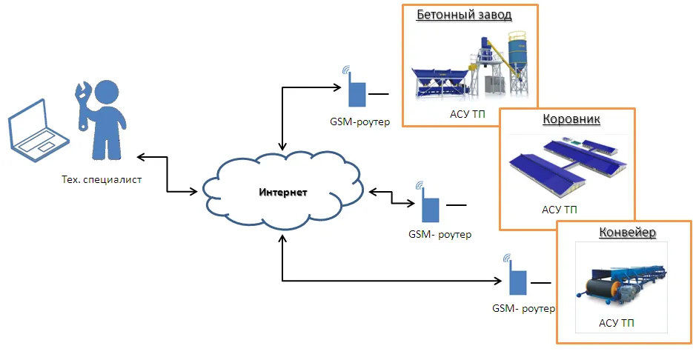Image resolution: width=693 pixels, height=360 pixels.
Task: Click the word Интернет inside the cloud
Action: click(282, 193)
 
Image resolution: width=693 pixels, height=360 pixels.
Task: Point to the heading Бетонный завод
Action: click(464, 15)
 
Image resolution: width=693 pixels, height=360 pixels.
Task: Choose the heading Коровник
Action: click(571, 119)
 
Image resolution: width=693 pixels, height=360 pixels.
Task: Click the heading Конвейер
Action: click(627, 233)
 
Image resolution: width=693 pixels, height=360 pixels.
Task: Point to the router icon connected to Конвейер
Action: click(517, 279)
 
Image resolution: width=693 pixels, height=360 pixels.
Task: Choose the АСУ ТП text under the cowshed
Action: click(560, 210)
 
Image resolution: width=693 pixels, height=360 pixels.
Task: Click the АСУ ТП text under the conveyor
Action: click(617, 324)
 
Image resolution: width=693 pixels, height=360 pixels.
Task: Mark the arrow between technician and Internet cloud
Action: click(167, 174)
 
